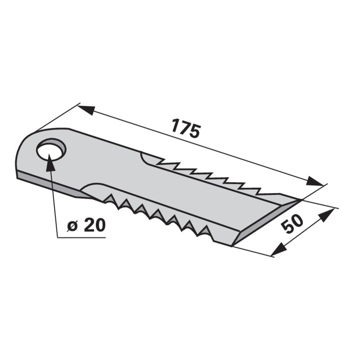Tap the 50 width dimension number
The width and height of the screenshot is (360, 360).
coord(292,223)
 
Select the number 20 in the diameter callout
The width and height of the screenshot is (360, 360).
coord(95,225)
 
